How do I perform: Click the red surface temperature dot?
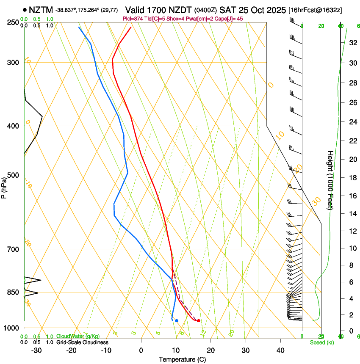[199, 320]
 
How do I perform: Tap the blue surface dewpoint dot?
[177, 320]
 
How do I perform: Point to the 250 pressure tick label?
[12, 22]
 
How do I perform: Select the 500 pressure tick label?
[12, 175]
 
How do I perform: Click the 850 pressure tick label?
[12, 292]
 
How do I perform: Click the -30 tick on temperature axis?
[36, 350]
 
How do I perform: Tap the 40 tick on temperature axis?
[280, 350]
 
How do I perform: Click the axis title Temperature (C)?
[182, 360]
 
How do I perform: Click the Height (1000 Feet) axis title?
[330, 180]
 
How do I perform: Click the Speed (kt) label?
[322, 342]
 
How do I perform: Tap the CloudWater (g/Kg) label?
[75, 336]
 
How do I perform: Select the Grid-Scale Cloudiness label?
[82, 342]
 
